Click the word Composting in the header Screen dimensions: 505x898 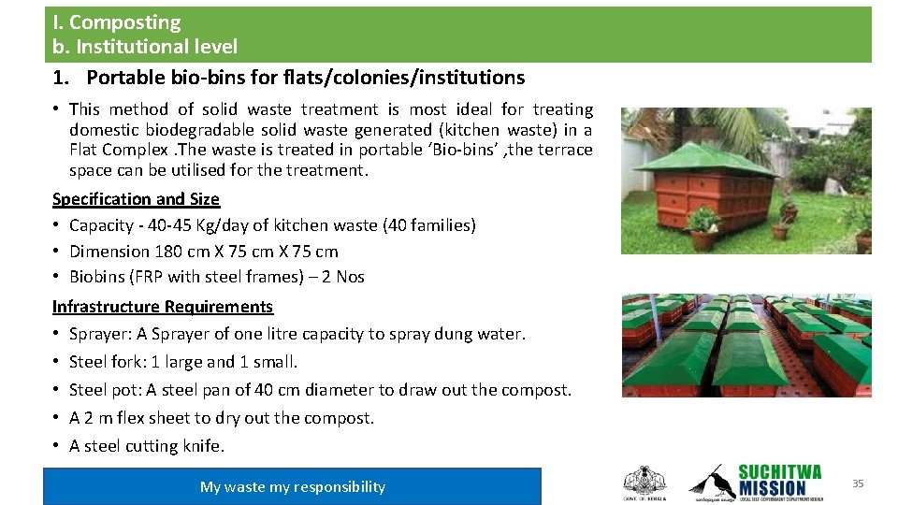pos(124,22)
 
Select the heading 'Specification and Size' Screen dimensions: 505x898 pos(136,199)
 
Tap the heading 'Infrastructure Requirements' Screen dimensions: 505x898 pos(163,307)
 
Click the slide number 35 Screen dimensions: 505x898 pos(858,483)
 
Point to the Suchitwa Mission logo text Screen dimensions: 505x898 pos(780,480)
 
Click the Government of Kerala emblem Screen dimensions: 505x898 pos(644,483)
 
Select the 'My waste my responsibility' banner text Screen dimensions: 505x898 pos(292,486)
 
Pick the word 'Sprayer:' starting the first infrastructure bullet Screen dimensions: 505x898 pos(99,334)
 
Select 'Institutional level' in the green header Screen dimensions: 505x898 pos(156,47)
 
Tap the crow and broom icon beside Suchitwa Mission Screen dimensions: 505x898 pos(711,482)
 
